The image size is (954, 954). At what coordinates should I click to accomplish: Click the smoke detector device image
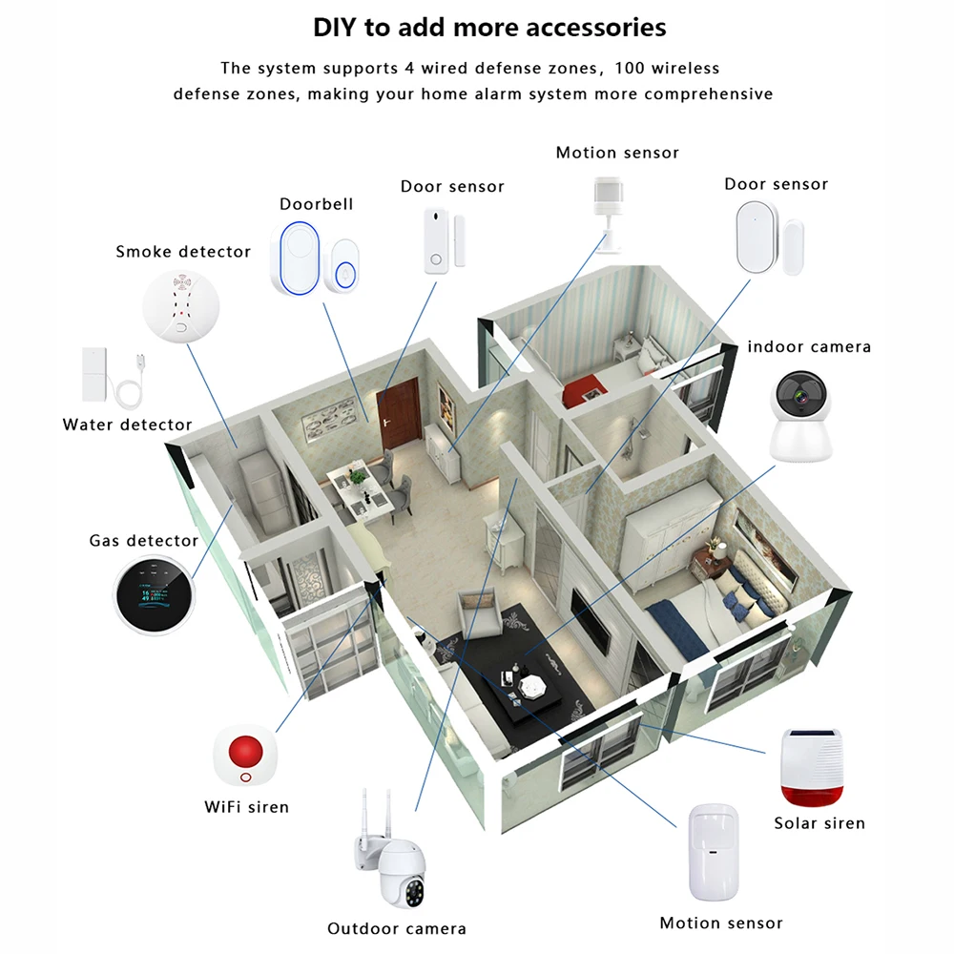(x=180, y=305)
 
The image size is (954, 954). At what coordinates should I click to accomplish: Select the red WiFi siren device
(x=249, y=753)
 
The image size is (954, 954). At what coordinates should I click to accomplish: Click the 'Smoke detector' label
(x=183, y=252)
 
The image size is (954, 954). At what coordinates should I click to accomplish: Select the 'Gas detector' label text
(x=144, y=541)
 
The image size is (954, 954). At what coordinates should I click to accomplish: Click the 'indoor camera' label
(x=809, y=346)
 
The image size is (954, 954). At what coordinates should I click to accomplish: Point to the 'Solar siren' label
(x=819, y=823)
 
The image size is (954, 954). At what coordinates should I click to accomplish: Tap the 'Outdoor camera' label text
(x=397, y=928)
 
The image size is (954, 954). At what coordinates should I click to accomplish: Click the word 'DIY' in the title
(x=336, y=28)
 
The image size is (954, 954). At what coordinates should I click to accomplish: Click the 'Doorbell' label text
(x=317, y=204)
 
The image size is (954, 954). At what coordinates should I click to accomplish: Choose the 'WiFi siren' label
(x=247, y=807)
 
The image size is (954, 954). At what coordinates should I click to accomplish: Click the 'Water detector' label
(x=127, y=425)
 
